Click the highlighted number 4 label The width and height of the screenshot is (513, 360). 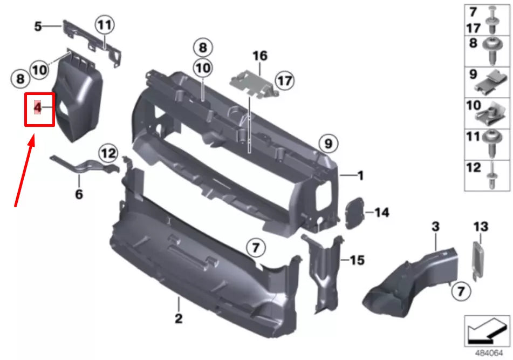point(38,108)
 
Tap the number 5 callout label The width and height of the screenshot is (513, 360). point(38,25)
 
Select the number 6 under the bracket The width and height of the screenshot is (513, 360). point(79,194)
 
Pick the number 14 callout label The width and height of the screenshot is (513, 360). point(381,213)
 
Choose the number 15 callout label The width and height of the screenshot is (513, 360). point(357,261)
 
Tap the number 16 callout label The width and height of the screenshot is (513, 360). point(259,56)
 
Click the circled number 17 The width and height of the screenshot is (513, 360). point(284,81)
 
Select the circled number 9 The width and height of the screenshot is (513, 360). point(327,144)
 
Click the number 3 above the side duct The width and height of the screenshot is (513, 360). point(436,227)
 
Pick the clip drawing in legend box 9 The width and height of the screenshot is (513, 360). point(491,82)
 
